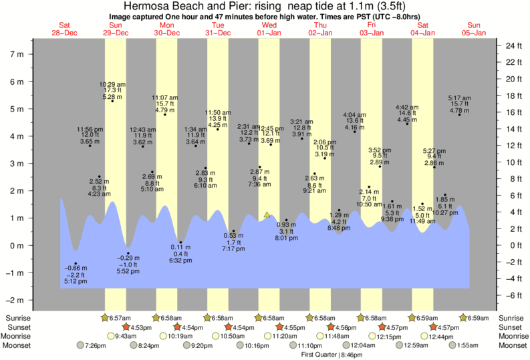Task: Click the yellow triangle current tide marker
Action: tap(267, 215)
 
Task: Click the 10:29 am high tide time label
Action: tap(112, 84)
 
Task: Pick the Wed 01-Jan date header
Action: tap(269, 29)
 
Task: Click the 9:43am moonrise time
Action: tap(127, 337)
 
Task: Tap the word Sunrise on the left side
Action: tap(19, 317)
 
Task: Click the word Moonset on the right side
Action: tap(513, 346)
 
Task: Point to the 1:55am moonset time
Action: tap(467, 346)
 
